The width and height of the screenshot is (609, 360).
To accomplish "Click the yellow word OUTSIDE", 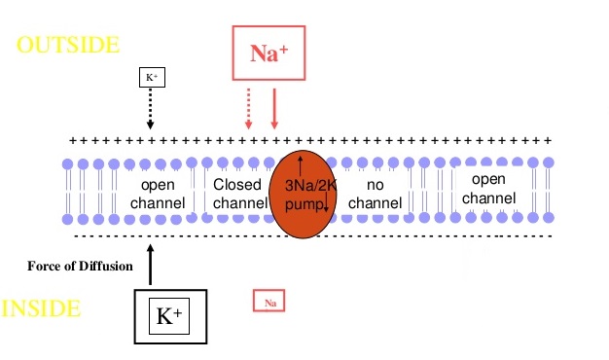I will tap(68, 45).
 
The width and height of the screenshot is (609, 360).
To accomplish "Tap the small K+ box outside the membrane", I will tap(151, 77).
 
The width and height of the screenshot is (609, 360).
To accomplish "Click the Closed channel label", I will tap(239, 194).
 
